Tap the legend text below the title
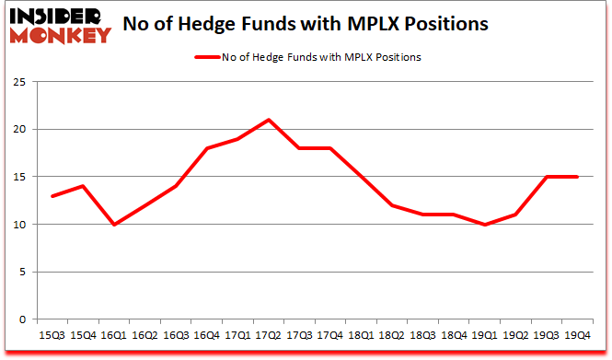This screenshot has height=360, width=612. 322,57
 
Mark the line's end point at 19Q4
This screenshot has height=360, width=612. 578,177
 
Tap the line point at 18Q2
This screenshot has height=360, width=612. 392,205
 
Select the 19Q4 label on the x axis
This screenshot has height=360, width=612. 578,335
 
